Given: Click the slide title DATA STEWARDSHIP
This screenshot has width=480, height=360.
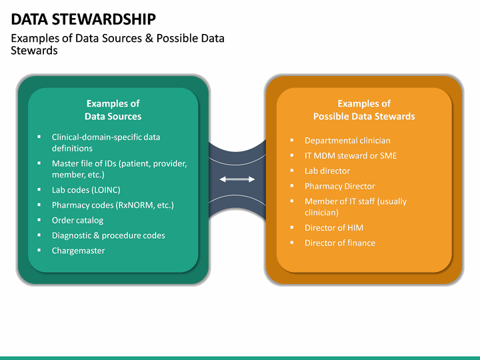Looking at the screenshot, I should point(84,19).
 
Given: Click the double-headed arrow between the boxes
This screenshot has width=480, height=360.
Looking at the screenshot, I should point(237,179).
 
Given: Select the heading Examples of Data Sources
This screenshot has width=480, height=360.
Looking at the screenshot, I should point(113,110).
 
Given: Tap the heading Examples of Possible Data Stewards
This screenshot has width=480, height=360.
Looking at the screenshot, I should point(364,110).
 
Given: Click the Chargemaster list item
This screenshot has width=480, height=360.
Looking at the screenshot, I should point(78,251).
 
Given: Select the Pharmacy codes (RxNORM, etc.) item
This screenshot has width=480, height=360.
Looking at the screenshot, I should point(113,205).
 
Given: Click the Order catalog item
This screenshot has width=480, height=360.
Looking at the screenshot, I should point(77,220).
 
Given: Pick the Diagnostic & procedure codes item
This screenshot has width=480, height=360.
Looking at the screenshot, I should point(108,235).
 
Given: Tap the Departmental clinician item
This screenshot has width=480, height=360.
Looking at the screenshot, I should point(347,141).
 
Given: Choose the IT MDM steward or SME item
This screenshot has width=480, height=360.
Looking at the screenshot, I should point(351,156).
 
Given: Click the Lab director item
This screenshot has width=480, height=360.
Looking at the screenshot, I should point(327,171).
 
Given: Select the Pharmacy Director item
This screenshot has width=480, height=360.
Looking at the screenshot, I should point(339,186).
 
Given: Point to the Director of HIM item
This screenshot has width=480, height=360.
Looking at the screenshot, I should point(334,227).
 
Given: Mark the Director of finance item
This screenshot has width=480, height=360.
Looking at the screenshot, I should point(339,243).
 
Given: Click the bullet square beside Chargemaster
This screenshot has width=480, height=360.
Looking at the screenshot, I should point(40,251).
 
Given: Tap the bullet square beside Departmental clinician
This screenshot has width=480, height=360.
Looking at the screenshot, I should point(292,141).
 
